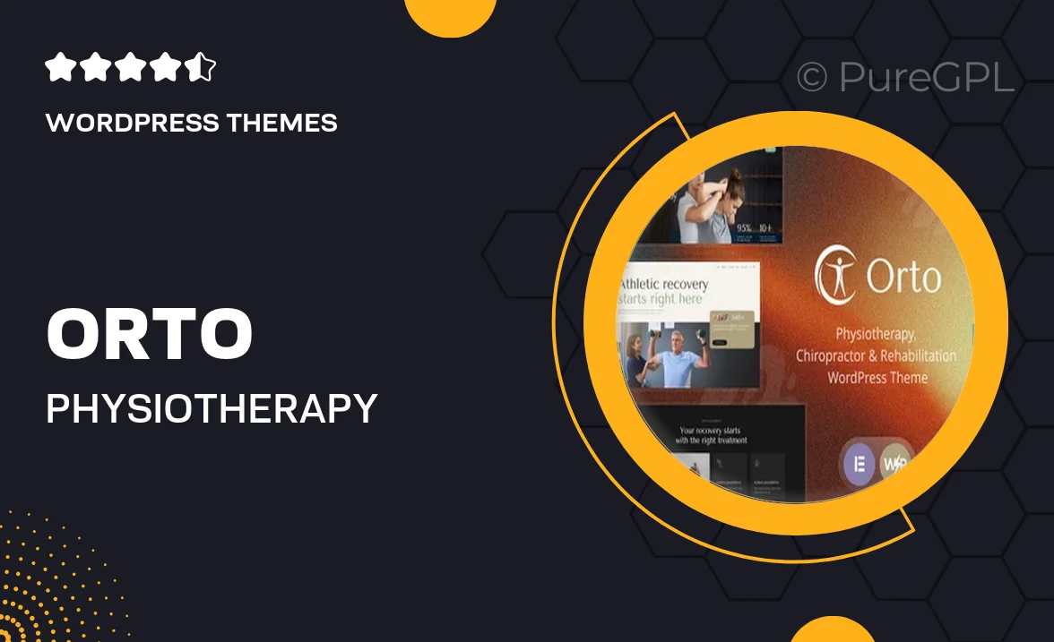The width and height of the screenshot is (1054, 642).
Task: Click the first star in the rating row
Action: pyautogui.click(x=58, y=67)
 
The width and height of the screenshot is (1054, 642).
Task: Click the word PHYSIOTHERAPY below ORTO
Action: pyautogui.click(x=212, y=408)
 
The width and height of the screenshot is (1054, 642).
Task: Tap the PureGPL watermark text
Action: pyautogui.click(x=926, y=77)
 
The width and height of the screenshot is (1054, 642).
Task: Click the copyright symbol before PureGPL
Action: pyautogui.click(x=811, y=78)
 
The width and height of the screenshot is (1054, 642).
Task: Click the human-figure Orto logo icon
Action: pyautogui.click(x=836, y=276)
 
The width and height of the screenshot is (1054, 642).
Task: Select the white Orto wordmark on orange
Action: pyautogui.click(x=903, y=278)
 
